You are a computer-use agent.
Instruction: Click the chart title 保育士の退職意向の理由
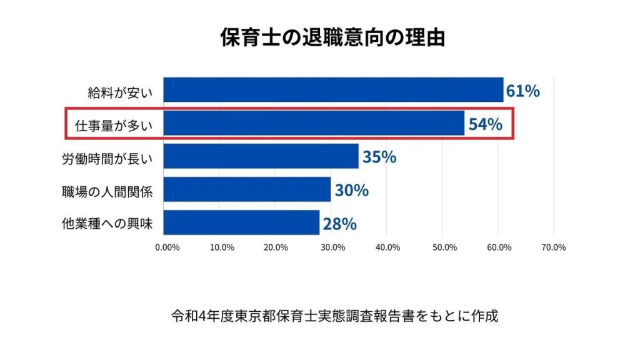332,37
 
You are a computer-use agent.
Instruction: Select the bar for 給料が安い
333,90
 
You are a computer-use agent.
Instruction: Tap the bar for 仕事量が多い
314,123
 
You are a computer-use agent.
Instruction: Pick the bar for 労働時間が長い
261,156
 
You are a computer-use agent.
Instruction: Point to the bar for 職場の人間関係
247,189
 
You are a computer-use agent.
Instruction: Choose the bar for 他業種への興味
241,222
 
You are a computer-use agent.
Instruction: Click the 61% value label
523,91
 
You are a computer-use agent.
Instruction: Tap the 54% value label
486,124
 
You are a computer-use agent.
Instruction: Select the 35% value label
379,157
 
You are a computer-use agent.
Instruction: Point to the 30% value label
351,190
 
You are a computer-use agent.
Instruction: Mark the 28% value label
340,223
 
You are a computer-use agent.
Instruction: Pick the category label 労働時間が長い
107,157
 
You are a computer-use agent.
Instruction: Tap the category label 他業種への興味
107,222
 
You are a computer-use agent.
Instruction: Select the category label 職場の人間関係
107,190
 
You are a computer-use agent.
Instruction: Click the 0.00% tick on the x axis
167,247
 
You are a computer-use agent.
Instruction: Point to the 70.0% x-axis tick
553,247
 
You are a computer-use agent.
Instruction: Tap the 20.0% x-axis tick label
277,247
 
